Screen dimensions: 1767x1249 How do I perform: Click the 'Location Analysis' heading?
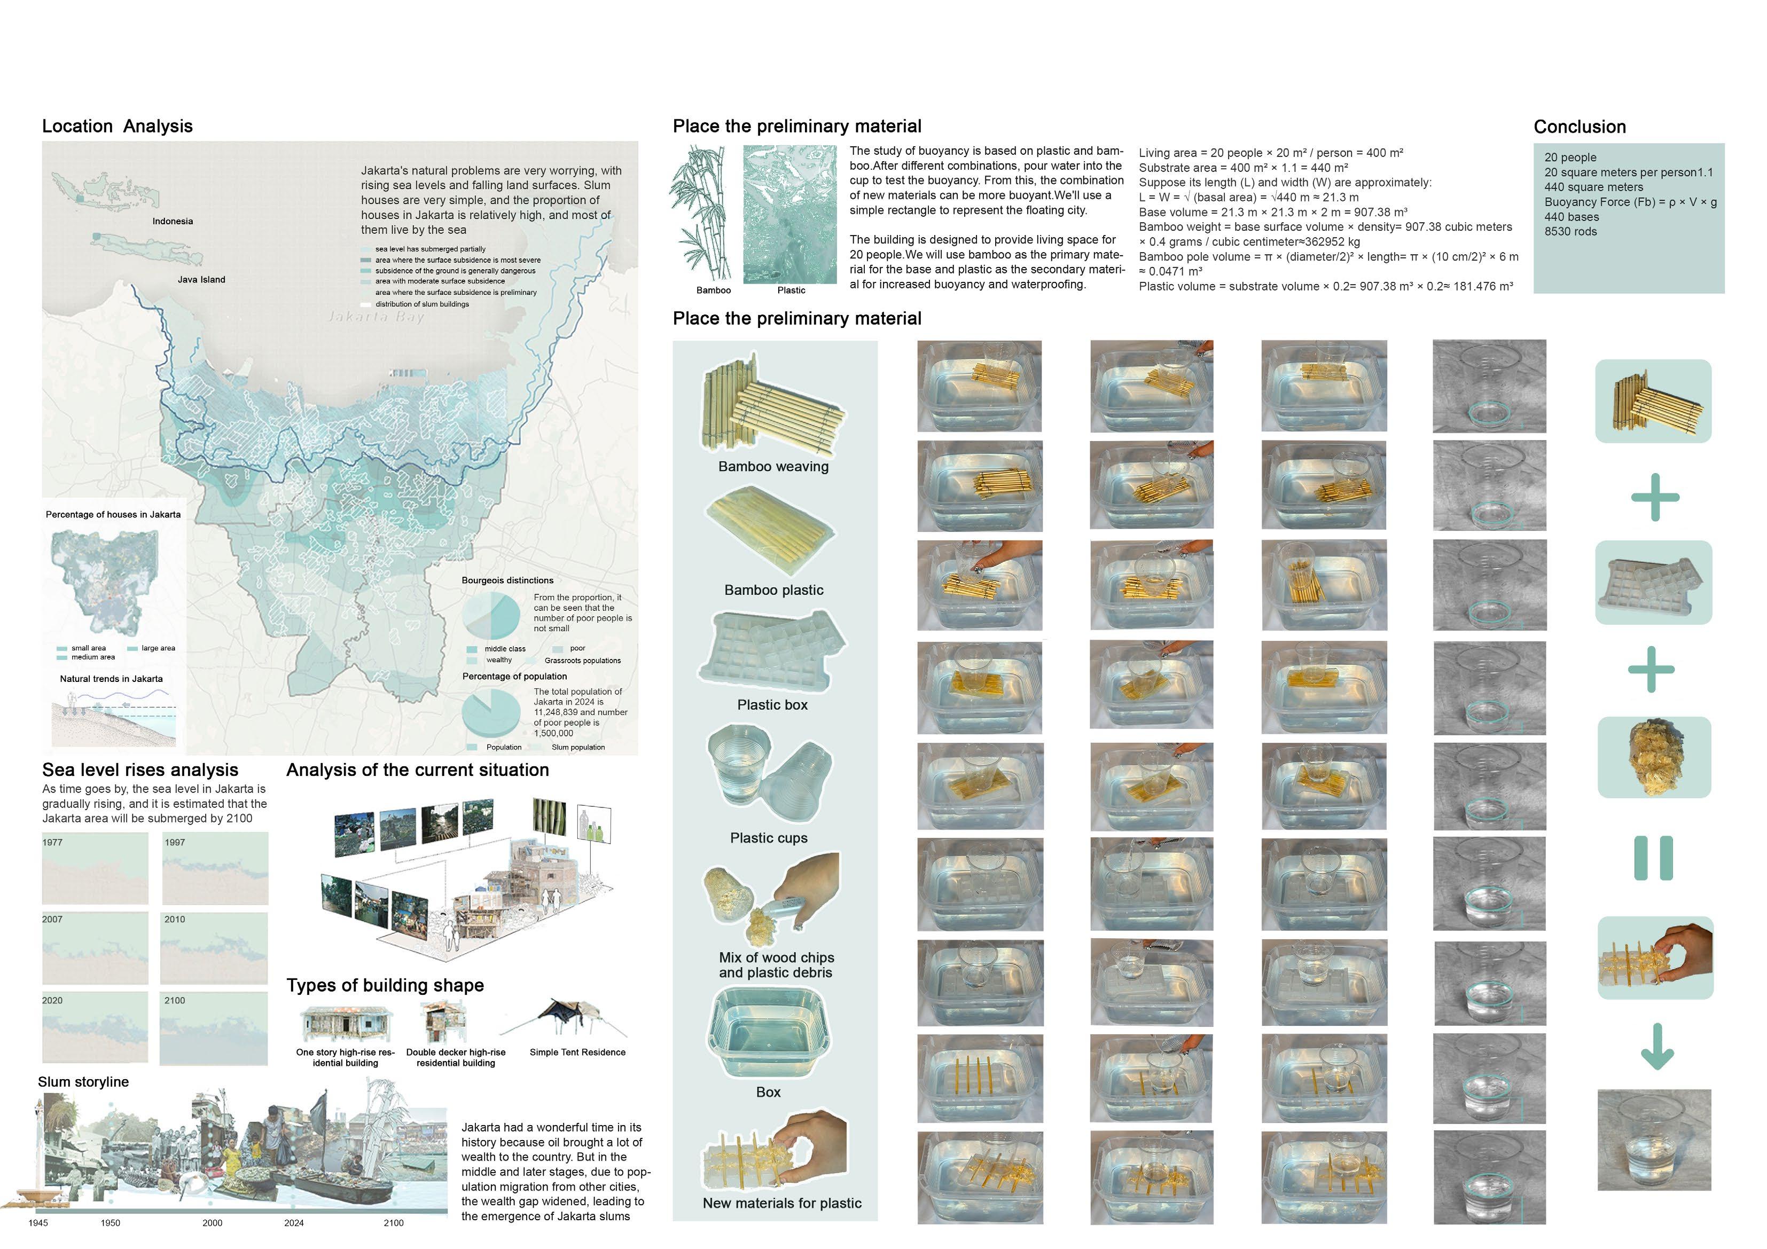(117, 126)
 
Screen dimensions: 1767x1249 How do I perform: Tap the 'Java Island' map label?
(201, 279)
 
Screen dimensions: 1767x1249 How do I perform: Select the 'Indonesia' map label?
(173, 221)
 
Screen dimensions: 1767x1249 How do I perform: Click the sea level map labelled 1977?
(95, 868)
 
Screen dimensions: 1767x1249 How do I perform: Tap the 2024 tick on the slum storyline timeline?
(294, 1222)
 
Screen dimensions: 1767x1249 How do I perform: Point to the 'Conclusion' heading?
(1579, 127)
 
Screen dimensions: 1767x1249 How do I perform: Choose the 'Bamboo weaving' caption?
(773, 466)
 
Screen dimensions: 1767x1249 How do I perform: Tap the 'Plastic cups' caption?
(769, 838)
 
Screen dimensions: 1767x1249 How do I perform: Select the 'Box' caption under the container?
(768, 1092)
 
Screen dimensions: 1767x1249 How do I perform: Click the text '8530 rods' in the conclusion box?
(1570, 232)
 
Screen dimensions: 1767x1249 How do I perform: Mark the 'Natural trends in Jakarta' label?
(112, 679)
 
